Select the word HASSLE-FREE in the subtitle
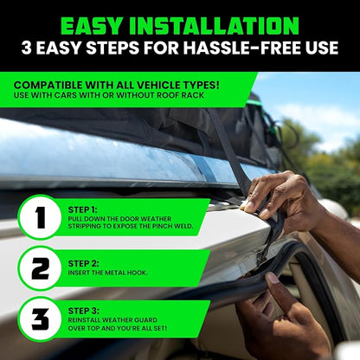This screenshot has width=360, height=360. coord(241,48)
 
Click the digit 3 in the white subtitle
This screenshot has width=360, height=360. coord(27,48)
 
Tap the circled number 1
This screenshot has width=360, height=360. coord(40,217)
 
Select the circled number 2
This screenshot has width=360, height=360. coord(40,268)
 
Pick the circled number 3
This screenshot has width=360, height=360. coord(40,319)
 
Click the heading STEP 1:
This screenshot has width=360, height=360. coord(83,209)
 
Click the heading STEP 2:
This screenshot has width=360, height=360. coord(84,264)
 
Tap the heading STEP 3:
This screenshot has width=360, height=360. coord(84,311)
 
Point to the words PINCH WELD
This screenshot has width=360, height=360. coord(172,226)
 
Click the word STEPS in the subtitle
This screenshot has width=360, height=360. coord(112,48)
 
